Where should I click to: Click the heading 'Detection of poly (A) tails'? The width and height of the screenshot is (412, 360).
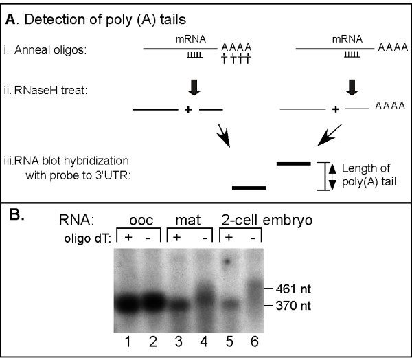[89, 20]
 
